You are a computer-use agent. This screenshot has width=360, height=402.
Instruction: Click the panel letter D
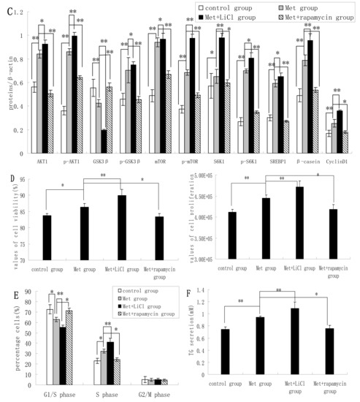pyautogui.click(x=5, y=178)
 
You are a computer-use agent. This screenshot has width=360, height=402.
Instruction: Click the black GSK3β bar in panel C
pyautogui.click(x=104, y=143)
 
